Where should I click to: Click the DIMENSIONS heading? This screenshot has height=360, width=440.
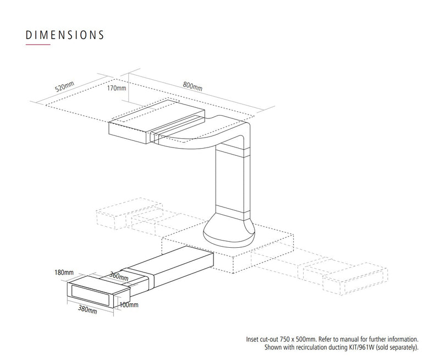65,35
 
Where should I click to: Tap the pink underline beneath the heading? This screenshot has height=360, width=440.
38,45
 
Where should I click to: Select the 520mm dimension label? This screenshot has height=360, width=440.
64,86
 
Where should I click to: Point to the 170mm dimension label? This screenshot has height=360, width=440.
117,88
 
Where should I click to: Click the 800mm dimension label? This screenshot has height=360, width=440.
193,86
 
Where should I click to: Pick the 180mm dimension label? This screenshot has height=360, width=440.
64,272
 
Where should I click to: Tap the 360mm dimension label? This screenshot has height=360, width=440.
119,276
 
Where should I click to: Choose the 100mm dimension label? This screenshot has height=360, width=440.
129,305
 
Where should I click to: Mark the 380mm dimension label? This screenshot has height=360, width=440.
87,309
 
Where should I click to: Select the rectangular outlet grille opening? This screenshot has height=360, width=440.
90,295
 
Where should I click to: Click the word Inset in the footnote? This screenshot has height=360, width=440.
252,339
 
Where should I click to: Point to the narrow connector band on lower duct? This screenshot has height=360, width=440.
139,278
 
